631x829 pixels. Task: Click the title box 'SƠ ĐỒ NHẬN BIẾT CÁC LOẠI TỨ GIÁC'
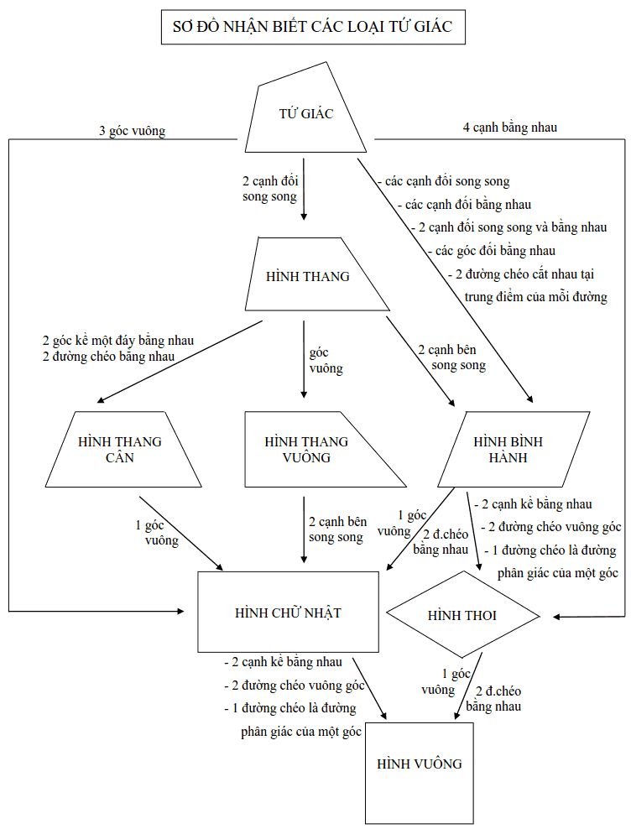[x=313, y=27]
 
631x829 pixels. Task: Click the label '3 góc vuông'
[x=133, y=131]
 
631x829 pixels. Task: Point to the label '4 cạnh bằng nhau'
[x=510, y=128]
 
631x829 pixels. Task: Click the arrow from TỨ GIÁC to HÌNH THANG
[x=304, y=189]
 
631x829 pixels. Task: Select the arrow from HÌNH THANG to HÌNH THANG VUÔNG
[x=304, y=359]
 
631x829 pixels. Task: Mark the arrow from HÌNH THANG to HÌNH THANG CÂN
[x=180, y=362]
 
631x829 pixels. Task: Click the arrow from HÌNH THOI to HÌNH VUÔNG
[x=468, y=686]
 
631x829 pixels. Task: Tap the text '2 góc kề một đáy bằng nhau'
[x=118, y=341]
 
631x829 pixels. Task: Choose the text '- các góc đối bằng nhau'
[x=492, y=251]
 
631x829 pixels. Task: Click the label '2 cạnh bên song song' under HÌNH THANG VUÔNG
[x=337, y=529]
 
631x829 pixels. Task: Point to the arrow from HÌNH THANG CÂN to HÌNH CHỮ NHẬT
[x=181, y=533]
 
